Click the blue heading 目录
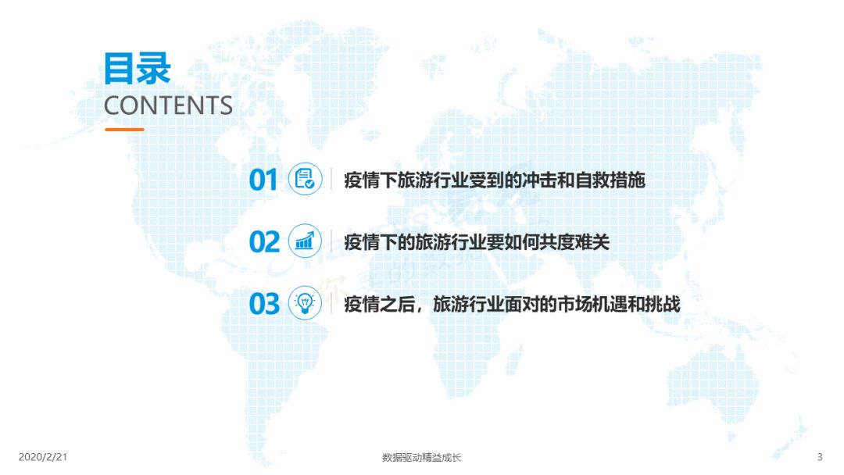click(138, 68)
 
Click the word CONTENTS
click(168, 105)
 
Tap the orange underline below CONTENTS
click(124, 130)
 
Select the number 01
click(263, 180)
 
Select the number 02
click(264, 241)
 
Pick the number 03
click(264, 304)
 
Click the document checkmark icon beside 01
click(306, 179)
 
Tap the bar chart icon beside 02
click(306, 241)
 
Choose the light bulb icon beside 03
click(306, 303)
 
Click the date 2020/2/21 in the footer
click(43, 457)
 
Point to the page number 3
click(820, 457)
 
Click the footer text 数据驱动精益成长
click(421, 457)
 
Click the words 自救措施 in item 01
click(610, 180)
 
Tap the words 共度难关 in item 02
click(574, 242)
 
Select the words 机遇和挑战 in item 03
click(636, 305)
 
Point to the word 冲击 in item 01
click(539, 180)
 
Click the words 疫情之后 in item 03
click(380, 305)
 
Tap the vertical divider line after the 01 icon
click(331, 179)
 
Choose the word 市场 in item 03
click(574, 305)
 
